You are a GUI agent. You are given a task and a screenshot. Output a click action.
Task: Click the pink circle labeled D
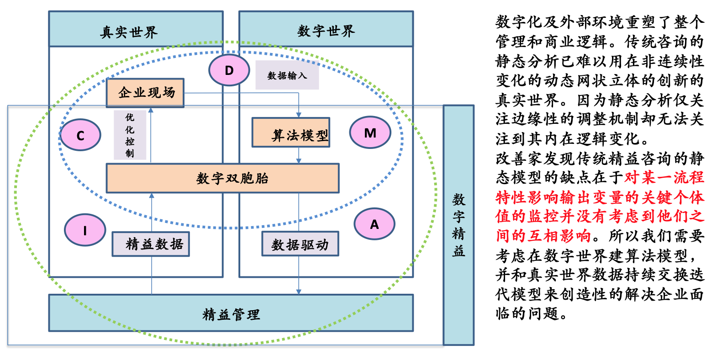click(229, 70)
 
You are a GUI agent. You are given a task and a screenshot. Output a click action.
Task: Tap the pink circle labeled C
click(80, 135)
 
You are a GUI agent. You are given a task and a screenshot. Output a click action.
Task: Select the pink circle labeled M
click(370, 132)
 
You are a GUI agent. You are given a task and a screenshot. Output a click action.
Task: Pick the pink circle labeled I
click(85, 230)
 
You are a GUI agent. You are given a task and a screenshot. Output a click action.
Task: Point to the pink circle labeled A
click(374, 224)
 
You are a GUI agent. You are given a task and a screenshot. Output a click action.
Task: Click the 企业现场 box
click(145, 93)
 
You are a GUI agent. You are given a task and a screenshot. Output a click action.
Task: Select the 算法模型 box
click(291, 132)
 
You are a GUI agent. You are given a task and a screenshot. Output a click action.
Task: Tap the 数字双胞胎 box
click(223, 178)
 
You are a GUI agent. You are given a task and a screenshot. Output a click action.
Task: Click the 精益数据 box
click(151, 244)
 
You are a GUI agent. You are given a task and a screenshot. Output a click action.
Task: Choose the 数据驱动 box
click(300, 244)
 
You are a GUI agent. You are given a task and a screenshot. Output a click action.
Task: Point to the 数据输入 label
click(287, 75)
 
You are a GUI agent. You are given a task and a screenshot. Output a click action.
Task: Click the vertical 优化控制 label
click(130, 135)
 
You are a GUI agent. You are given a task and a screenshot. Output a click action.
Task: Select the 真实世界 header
click(136, 29)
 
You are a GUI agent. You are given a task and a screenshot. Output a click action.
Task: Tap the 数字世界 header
click(326, 29)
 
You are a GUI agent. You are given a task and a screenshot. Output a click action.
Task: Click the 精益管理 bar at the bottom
click(231, 313)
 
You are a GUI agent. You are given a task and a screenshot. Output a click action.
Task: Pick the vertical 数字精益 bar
click(459, 225)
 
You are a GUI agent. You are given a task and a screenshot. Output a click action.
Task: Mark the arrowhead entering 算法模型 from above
click(299, 115)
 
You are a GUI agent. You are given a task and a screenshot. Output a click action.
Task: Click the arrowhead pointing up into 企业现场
click(151, 110)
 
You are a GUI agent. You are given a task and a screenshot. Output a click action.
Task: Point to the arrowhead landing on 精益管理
click(299, 292)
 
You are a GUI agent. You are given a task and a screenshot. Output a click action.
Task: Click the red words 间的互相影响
click(543, 236)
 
